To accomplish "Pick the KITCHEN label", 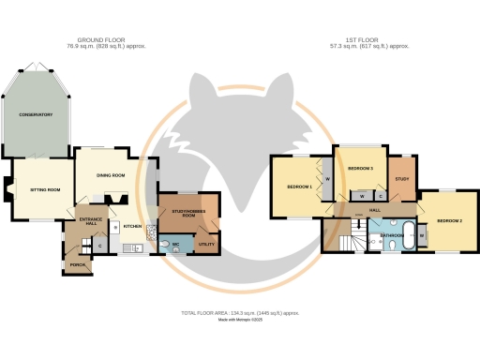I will (x=132, y=226).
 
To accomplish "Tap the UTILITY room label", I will (x=206, y=245).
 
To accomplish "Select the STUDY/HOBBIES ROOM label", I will (x=188, y=214).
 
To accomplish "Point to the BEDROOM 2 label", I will (x=449, y=221).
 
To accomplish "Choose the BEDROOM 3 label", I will (x=361, y=168).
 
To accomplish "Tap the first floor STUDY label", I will (x=402, y=178).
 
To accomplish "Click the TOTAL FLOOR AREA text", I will (x=240, y=313).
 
